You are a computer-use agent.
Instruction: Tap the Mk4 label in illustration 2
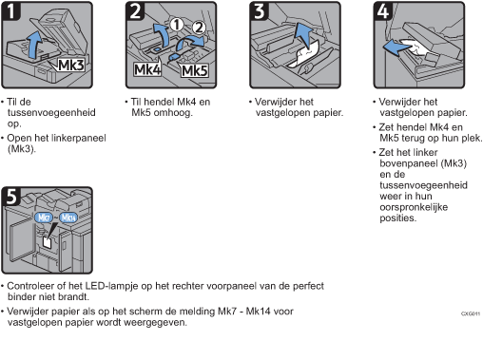click(x=146, y=69)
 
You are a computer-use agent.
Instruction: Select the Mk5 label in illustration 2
click(x=195, y=69)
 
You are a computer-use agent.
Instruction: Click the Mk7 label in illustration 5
click(x=43, y=217)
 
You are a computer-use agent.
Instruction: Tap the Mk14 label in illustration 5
click(x=68, y=217)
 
